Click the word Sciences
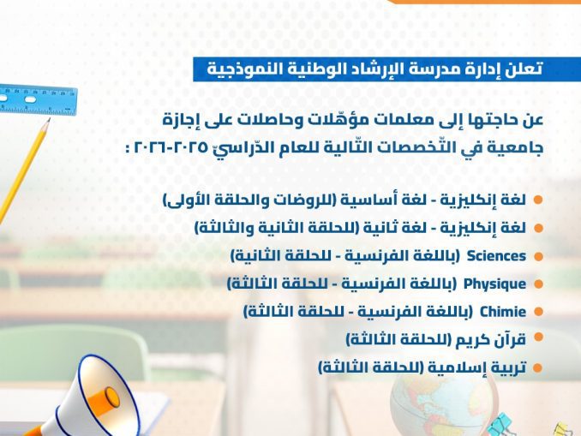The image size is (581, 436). click(496, 256)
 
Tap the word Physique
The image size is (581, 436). click(494, 284)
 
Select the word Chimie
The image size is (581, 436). click(503, 312)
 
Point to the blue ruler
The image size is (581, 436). click(38, 100)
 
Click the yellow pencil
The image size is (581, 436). click(22, 170)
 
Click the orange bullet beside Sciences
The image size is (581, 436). click(538, 256)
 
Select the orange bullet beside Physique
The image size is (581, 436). click(538, 284)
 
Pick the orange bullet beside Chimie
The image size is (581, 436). click(538, 312)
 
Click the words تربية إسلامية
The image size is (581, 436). click(477, 367)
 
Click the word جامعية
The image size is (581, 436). click(519, 148)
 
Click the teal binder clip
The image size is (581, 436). click(499, 425)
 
